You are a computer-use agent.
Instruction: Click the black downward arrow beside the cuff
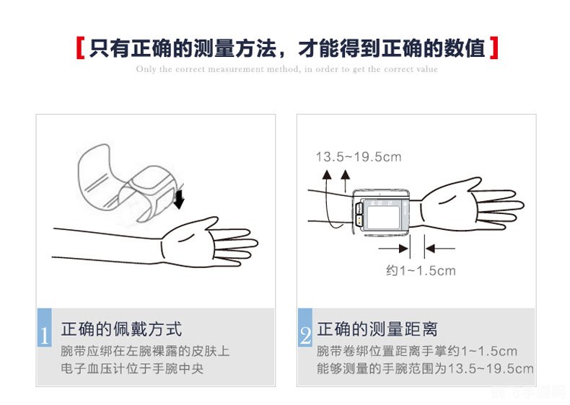[x=179, y=197]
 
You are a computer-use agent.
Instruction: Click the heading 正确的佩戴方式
[x=121, y=330]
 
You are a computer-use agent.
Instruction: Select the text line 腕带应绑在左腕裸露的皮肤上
[x=145, y=352]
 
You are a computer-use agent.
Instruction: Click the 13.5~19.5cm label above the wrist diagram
[x=358, y=156]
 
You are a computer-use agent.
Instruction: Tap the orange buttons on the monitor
[x=359, y=212]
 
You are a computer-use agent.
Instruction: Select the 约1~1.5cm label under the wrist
[x=420, y=271]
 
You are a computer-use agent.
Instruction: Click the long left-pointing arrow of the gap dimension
[x=440, y=249]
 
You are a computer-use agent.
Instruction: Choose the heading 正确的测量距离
[x=377, y=330]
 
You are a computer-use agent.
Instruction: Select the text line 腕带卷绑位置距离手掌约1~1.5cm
[x=417, y=352]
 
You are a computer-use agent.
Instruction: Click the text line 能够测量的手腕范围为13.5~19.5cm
[x=425, y=370]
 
